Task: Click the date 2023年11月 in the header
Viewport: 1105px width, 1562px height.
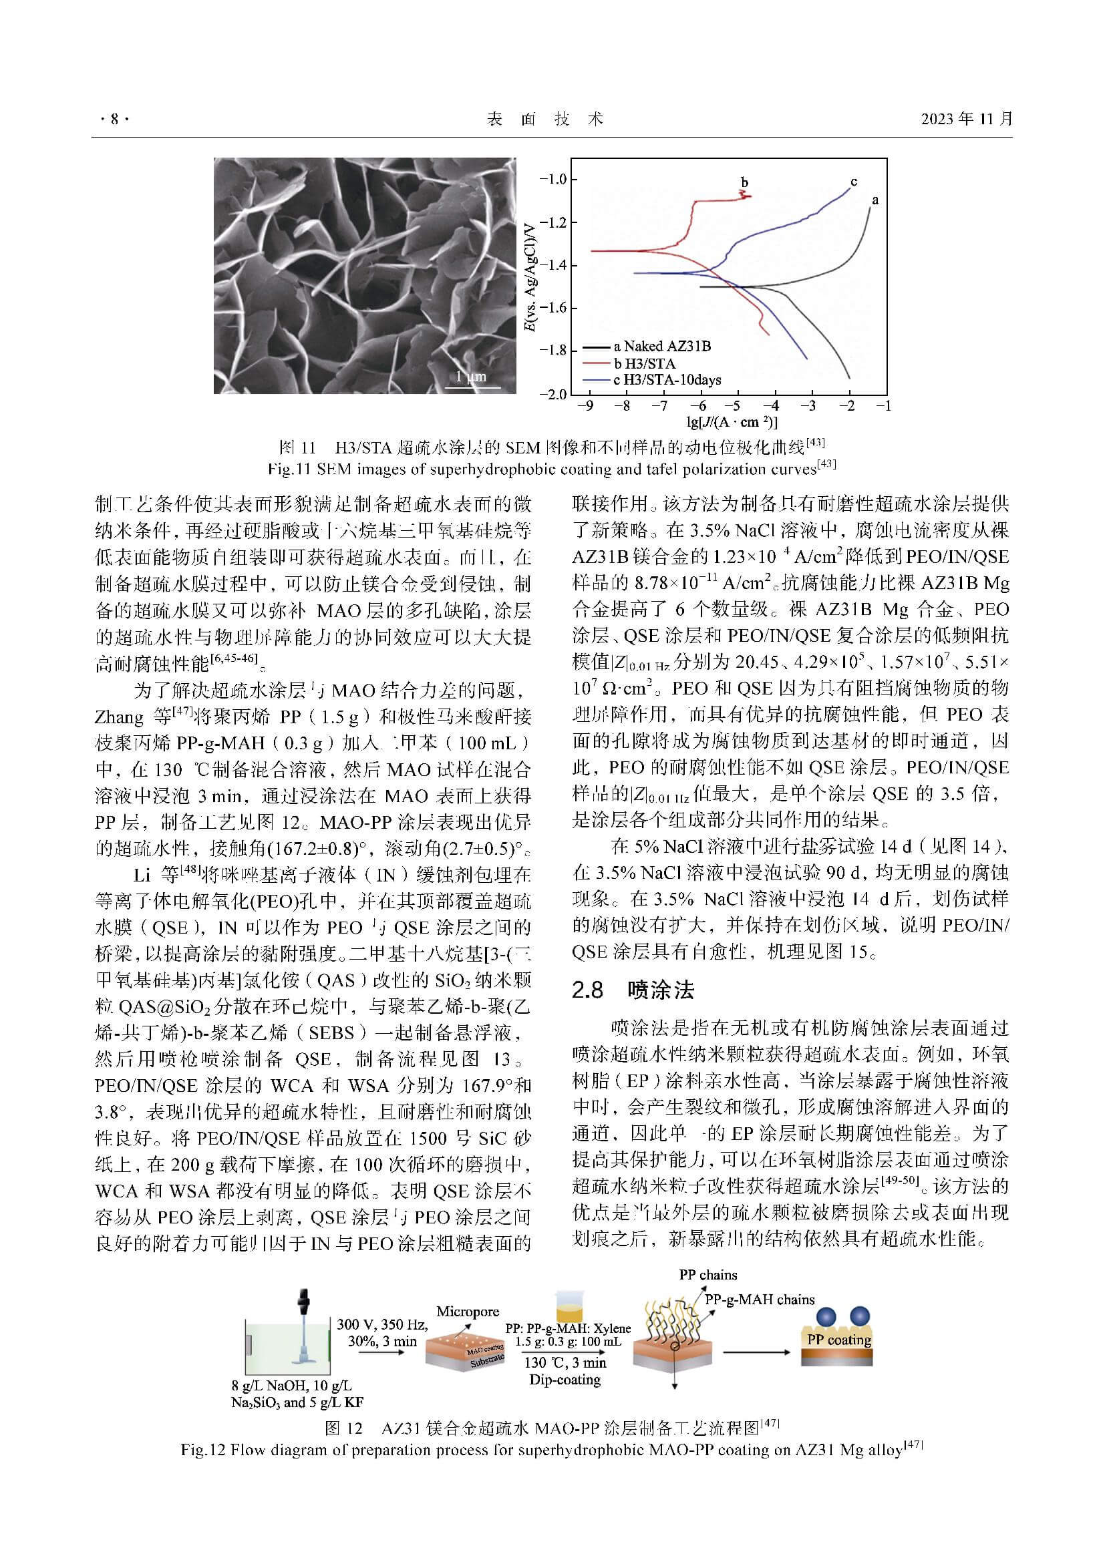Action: point(966,119)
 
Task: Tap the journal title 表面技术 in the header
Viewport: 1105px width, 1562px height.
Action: point(545,120)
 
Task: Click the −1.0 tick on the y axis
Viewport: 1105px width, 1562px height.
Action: point(552,180)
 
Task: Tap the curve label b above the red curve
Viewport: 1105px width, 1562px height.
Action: point(744,182)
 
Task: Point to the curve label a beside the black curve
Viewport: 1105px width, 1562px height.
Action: point(875,200)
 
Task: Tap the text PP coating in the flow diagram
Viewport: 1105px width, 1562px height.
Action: point(838,1340)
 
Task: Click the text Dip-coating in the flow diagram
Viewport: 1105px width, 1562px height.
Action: point(565,1380)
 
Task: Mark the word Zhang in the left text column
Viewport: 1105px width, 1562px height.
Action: point(119,717)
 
